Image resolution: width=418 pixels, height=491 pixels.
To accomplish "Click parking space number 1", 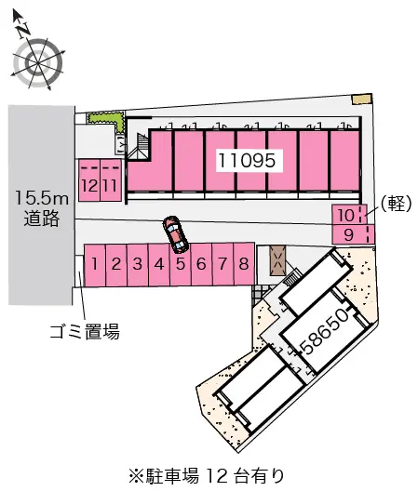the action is tap(95, 266).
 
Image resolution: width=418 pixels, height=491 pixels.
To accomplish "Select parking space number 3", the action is tap(138, 266).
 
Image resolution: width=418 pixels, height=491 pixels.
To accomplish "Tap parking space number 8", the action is tap(244, 264).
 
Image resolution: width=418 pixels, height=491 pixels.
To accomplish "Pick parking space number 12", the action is tap(89, 180).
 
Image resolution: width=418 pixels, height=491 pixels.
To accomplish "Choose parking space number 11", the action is tap(111, 180).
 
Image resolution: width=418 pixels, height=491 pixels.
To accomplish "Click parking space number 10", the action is tap(349, 215).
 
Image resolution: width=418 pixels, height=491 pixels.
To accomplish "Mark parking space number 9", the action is tap(353, 234).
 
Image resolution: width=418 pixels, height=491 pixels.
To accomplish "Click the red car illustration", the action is tap(175, 234).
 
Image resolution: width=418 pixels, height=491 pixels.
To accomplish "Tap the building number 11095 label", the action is tap(247, 160).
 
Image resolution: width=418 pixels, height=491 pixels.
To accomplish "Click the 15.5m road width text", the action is tap(42, 198).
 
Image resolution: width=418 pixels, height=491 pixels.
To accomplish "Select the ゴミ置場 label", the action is tap(85, 331).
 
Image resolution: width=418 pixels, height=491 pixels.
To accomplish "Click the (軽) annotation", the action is tap(396, 204).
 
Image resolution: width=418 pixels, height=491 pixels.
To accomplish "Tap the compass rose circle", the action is tap(38, 62).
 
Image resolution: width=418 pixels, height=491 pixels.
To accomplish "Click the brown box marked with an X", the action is tap(277, 260).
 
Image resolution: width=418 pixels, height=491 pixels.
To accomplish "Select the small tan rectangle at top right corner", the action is tap(362, 99).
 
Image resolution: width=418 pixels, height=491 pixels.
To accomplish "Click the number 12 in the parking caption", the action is tap(217, 476).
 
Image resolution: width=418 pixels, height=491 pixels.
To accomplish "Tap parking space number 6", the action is tap(201, 265).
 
